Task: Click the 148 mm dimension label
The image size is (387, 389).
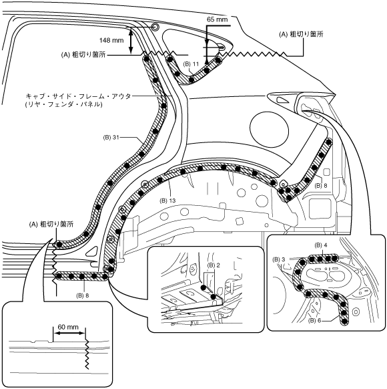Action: tap(111, 40)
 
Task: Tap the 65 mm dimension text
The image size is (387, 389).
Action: tap(217, 19)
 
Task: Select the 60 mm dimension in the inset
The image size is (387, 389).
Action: tap(68, 327)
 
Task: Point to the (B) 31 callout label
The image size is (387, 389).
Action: tap(111, 137)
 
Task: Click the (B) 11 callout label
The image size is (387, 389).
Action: tap(191, 64)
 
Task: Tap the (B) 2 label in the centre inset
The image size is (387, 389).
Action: tap(214, 265)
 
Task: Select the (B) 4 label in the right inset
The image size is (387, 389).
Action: tap(321, 245)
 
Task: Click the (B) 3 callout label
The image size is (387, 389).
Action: tap(279, 259)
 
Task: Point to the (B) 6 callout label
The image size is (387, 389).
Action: tap(314, 320)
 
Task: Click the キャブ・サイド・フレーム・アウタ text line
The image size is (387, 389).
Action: tap(78, 96)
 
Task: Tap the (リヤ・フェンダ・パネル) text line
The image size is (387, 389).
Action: tap(63, 104)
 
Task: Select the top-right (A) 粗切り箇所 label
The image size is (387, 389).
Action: tap(301, 34)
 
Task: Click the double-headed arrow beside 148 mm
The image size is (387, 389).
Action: tap(131, 41)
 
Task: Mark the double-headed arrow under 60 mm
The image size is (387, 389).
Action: tap(69, 333)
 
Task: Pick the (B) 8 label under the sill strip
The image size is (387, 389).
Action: tap(83, 295)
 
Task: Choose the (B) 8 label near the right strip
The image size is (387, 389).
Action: tap(321, 185)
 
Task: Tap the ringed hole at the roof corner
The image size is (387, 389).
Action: tap(155, 27)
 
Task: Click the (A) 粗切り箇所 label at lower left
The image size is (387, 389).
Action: tap(51, 225)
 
